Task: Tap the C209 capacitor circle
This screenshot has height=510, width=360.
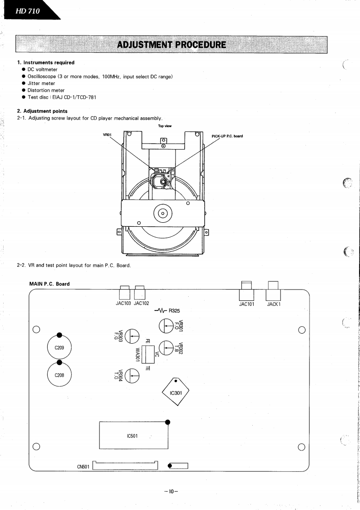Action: point(59,349)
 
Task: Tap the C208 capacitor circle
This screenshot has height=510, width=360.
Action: point(59,375)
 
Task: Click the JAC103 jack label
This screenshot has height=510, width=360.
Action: point(124,304)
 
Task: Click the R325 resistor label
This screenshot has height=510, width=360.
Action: point(175,311)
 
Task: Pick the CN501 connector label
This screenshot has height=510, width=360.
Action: point(83,466)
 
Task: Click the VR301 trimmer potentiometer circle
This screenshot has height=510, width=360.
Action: point(166,326)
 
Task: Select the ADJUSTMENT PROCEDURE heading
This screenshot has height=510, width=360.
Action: point(171,45)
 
